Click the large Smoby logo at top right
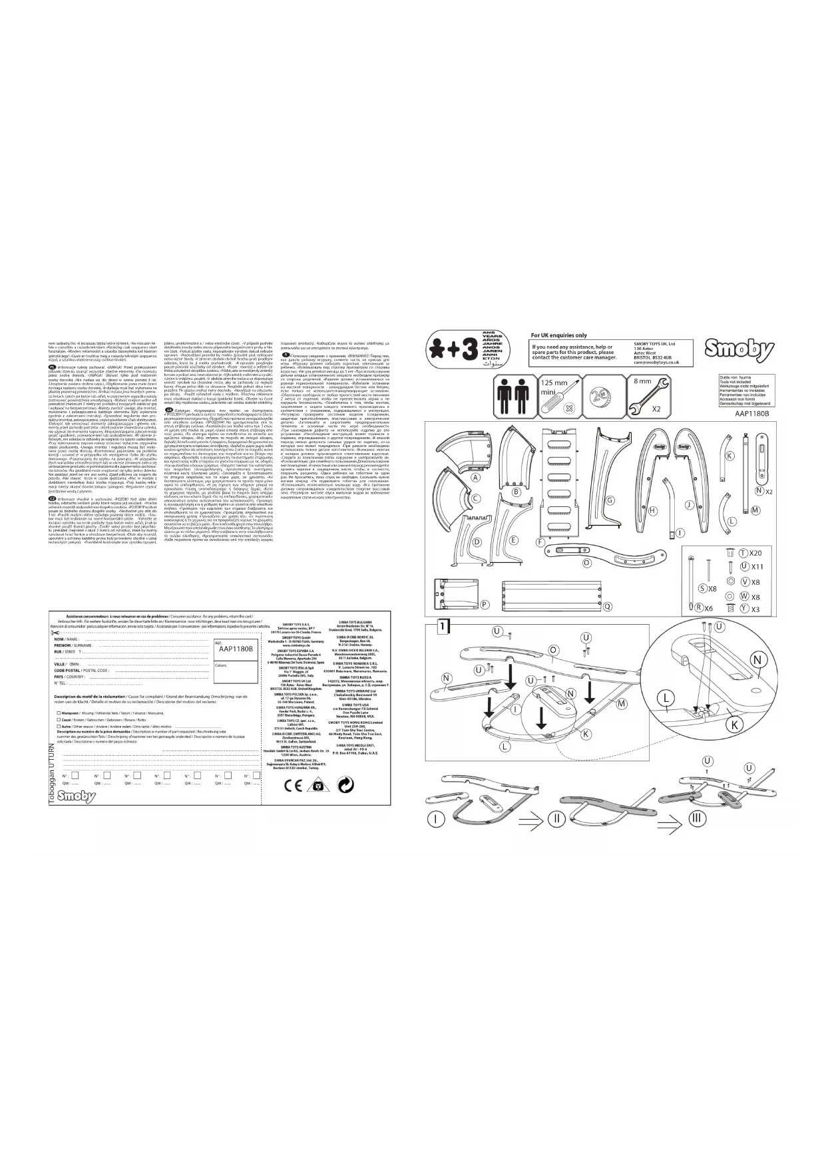(740, 349)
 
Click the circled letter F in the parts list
(541, 542)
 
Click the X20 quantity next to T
(755, 554)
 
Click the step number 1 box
(443, 626)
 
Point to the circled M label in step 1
(621, 703)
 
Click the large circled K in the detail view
(735, 723)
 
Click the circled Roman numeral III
(696, 817)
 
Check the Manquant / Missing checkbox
(59, 713)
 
